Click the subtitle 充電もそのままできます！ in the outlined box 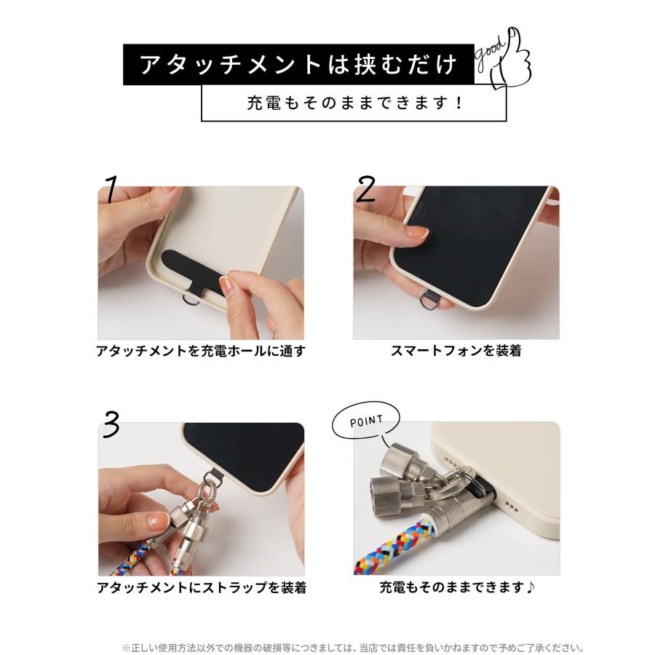coord(354,103)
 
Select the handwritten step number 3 coord(111,426)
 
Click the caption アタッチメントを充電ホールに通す coord(201,352)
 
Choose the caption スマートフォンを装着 coord(456,352)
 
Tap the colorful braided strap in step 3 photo coord(135,560)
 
